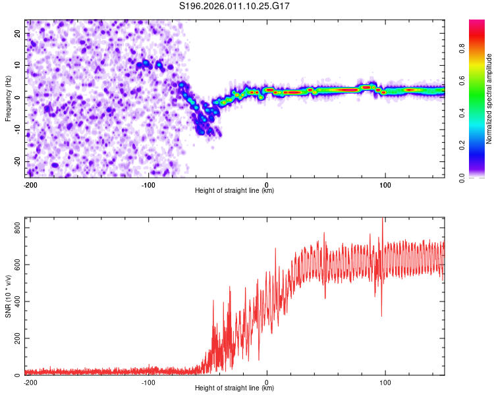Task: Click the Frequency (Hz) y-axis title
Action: point(8,98)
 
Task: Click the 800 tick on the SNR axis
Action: point(17,227)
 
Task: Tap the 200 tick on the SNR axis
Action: point(17,338)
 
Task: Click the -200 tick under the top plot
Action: point(30,184)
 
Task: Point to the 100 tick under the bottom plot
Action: point(385,381)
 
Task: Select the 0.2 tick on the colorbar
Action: point(481,145)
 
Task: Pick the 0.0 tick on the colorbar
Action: point(481,176)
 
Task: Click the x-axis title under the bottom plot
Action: point(235,388)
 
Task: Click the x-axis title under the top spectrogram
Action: point(235,191)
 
